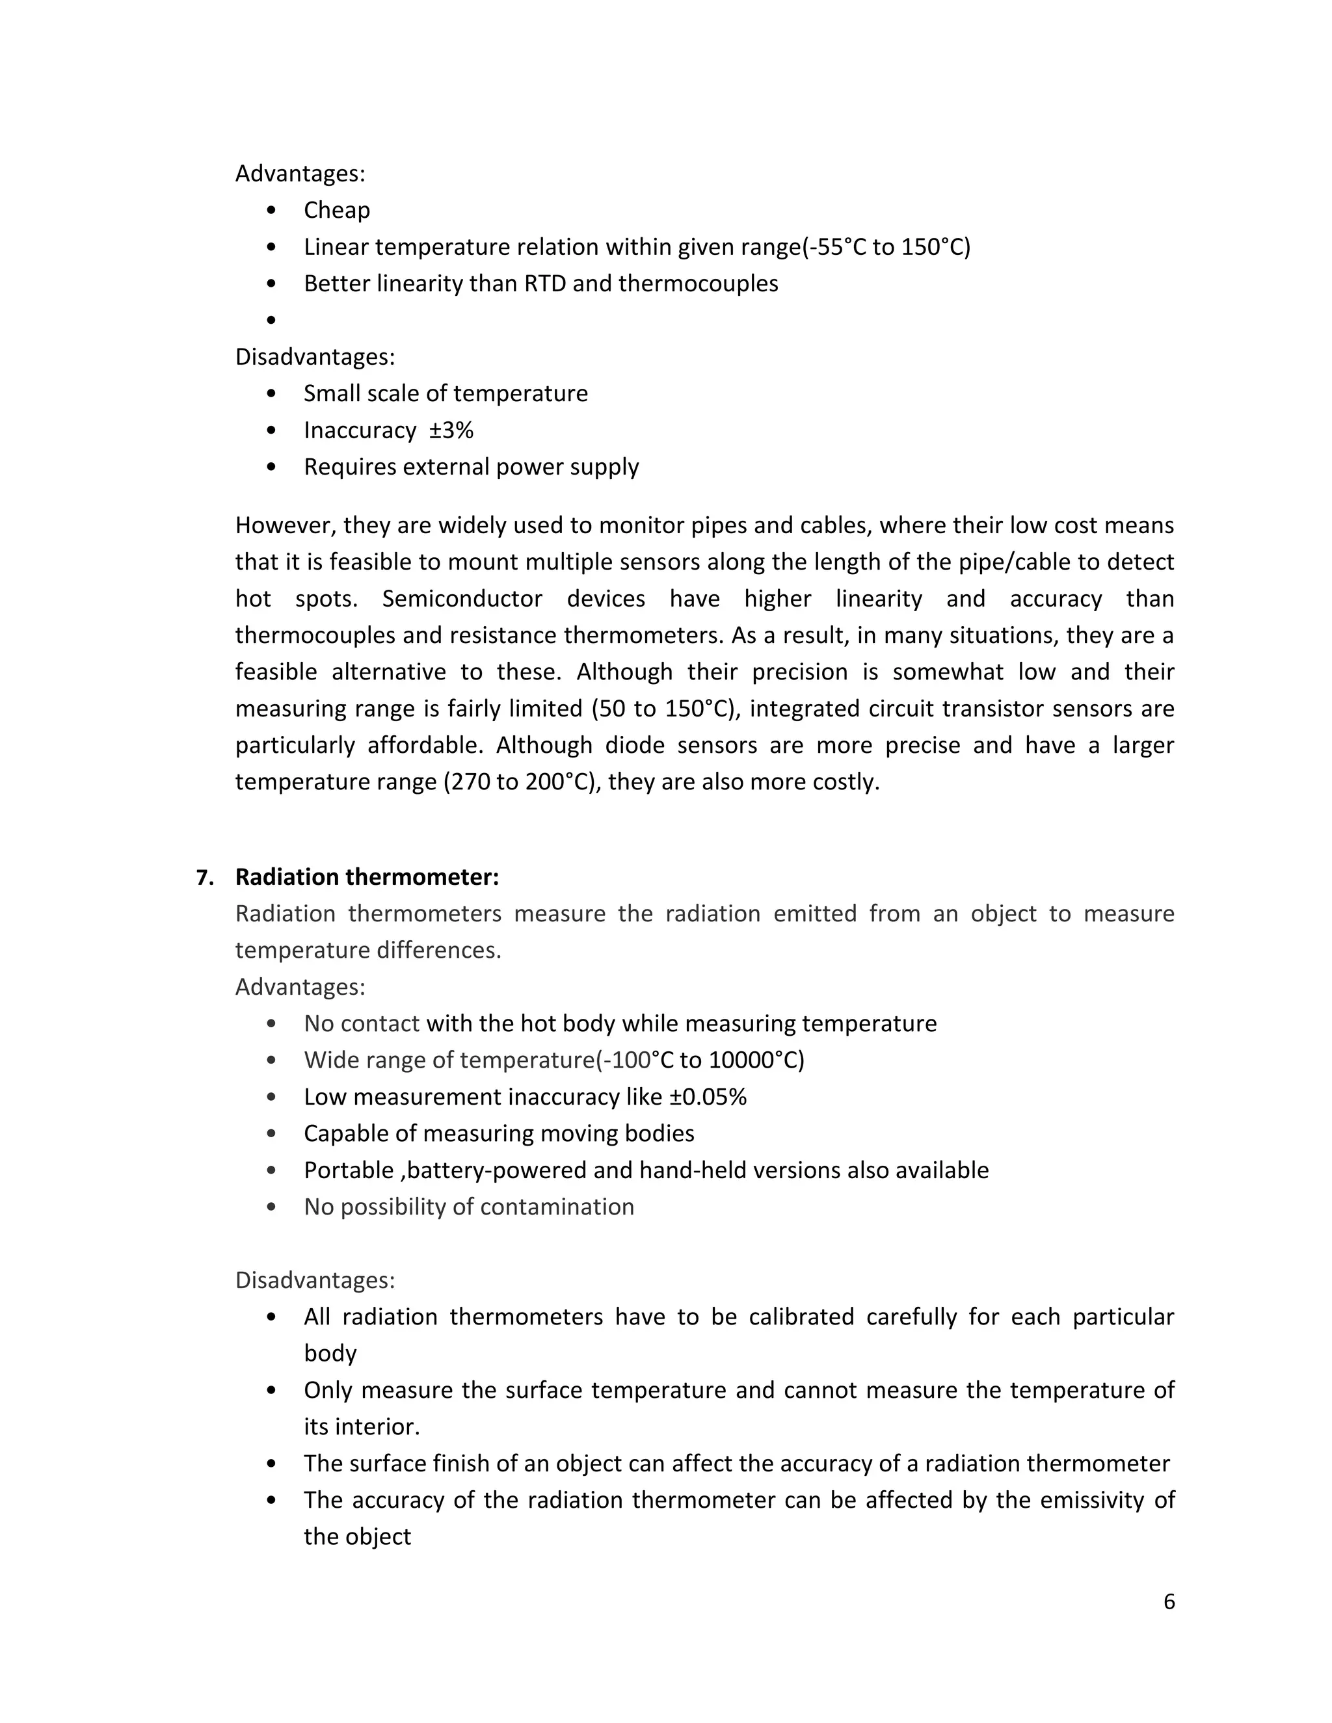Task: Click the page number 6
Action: [x=1169, y=1601]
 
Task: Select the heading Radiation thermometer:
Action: [x=367, y=876]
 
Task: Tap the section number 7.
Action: [x=204, y=877]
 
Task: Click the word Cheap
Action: [x=337, y=210]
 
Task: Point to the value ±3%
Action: [x=451, y=430]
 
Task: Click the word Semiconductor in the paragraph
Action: [x=462, y=598]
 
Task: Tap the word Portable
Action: [x=348, y=1170]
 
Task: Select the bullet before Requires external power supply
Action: [x=271, y=467]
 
